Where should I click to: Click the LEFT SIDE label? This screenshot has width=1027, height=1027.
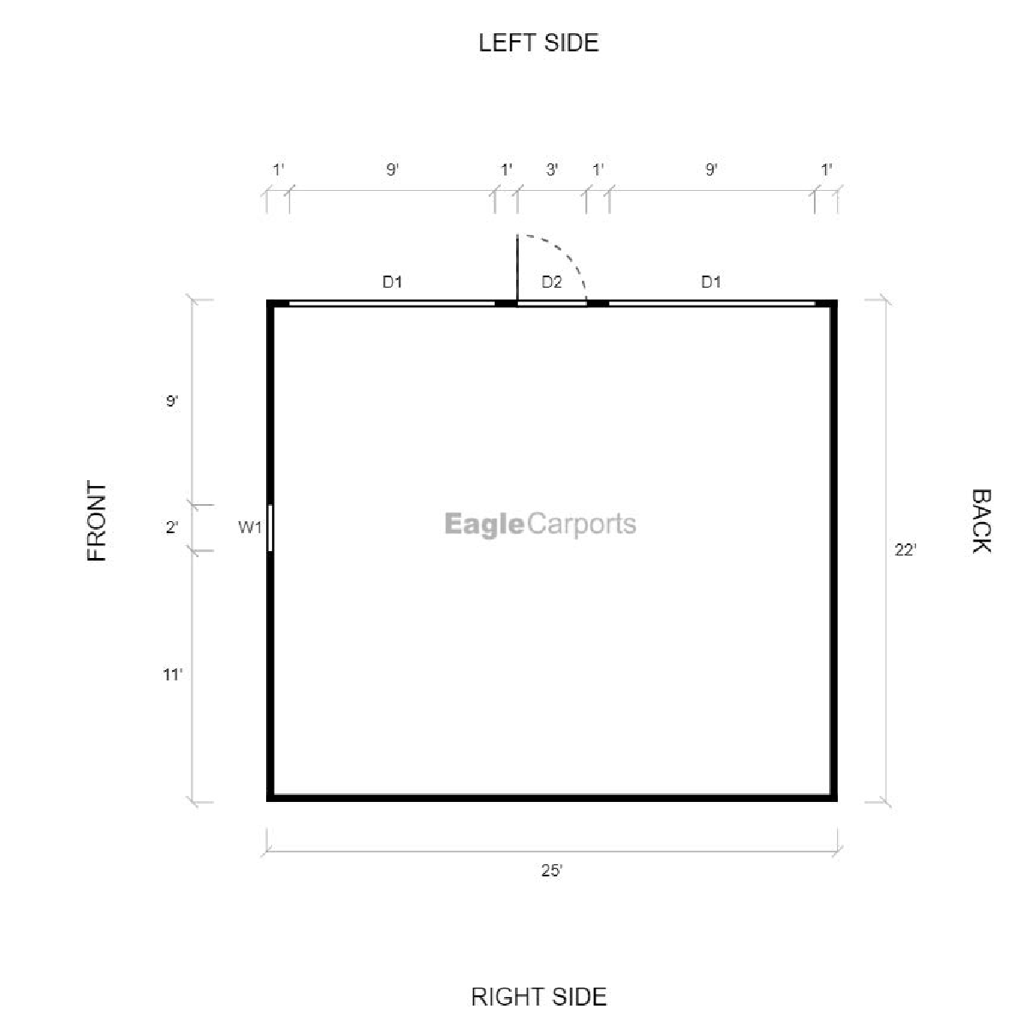(538, 43)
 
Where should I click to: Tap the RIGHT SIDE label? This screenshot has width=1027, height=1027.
(538, 997)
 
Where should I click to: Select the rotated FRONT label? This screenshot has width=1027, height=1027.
(97, 520)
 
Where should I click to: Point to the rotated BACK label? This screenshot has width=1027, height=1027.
(981, 520)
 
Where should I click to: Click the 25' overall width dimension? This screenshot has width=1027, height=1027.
(552, 870)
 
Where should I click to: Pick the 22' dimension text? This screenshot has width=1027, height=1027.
(905, 549)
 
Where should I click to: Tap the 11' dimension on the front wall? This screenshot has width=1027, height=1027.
(173, 674)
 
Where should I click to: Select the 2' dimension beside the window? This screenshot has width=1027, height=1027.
(172, 528)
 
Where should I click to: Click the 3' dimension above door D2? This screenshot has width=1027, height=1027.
(552, 169)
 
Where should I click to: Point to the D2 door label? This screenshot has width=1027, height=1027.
(552, 282)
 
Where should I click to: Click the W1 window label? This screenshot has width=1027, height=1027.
(249, 528)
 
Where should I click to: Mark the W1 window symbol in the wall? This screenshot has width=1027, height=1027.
(270, 528)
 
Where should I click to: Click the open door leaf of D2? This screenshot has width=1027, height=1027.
(517, 268)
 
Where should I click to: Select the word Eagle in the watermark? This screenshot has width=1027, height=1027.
(484, 524)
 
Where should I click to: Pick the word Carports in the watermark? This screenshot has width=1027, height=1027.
(581, 524)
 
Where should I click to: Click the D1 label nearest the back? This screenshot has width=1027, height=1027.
(711, 282)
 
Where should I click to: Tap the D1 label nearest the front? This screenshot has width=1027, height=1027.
(392, 282)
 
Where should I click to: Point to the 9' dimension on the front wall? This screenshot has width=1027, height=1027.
(172, 401)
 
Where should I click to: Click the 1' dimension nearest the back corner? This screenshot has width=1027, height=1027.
(827, 169)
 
